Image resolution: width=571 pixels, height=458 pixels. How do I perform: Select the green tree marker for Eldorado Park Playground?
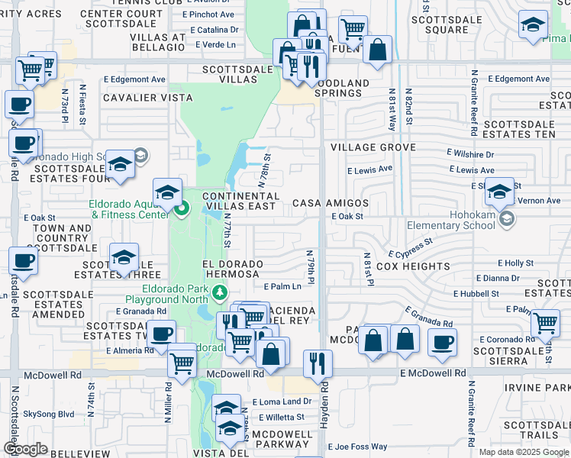pos(220,292)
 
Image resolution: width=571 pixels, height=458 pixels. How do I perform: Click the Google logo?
pos(25,449)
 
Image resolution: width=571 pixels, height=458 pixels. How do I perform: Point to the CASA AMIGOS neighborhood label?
pos(331,204)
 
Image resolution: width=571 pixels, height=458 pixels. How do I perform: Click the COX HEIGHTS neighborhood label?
pos(412,266)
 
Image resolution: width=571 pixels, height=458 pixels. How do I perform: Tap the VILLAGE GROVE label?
pos(373,147)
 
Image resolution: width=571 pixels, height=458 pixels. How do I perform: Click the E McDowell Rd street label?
pos(433,373)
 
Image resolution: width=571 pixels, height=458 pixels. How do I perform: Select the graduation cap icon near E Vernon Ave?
pos(499,192)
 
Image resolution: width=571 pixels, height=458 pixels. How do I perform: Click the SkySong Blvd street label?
pos(49,414)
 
